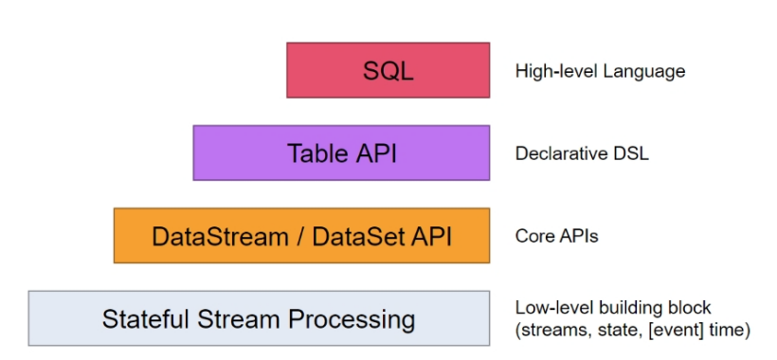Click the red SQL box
point(388,70)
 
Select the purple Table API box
point(341,153)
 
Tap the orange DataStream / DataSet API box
point(301,235)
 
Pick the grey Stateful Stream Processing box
point(259,318)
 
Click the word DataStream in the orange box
point(220,236)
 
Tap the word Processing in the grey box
point(352,320)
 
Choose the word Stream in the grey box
point(240,319)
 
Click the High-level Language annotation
point(600,72)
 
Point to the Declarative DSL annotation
point(582,153)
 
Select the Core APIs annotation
point(556,236)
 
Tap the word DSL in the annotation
point(630,153)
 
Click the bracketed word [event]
point(675,331)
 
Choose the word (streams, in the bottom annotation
point(550,331)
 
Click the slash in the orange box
point(300,236)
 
